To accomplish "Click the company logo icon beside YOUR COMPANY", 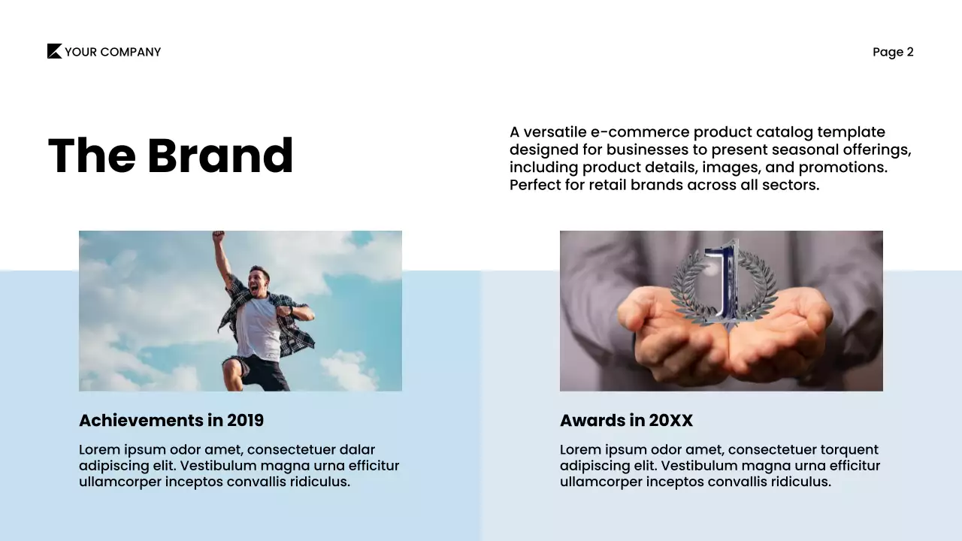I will tap(54, 51).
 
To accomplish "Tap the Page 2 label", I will tap(893, 52).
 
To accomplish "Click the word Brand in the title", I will tap(220, 156).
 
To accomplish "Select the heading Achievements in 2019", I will tap(171, 420).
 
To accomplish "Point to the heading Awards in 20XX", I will tap(626, 420).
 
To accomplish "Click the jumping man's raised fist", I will tap(219, 237).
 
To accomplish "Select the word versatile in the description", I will tap(555, 132).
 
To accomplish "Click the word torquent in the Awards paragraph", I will tap(844, 449).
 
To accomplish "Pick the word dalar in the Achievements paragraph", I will tap(357, 449).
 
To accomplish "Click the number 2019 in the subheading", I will tap(245, 420).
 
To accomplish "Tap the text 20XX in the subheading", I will tap(670, 420).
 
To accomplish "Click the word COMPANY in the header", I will tap(130, 52).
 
